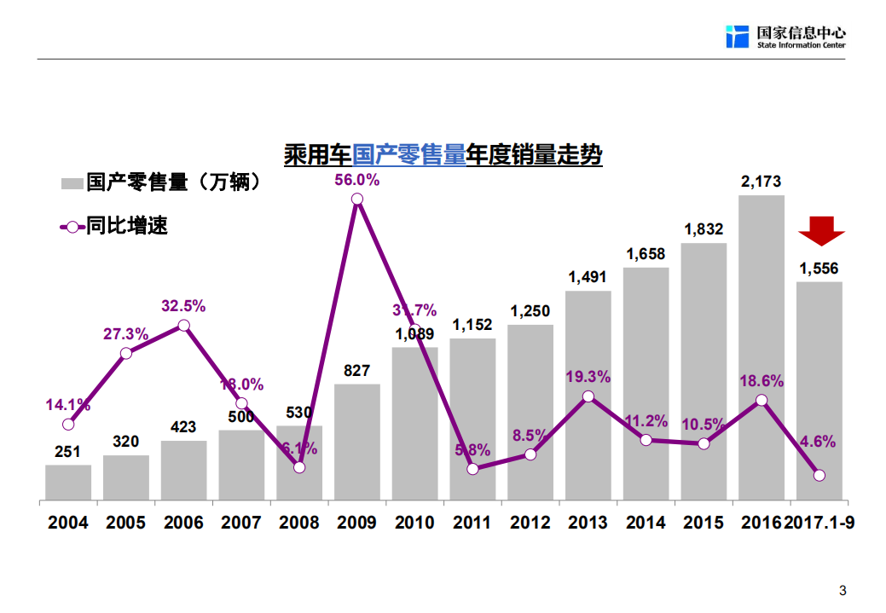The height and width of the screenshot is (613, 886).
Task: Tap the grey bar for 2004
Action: [x=68, y=483]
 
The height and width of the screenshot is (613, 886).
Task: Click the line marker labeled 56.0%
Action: [x=357, y=200]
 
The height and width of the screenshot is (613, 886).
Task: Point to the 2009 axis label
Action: [x=357, y=523]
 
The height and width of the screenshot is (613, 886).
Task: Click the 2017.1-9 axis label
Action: [x=819, y=523]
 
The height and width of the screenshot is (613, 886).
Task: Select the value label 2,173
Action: [x=761, y=182]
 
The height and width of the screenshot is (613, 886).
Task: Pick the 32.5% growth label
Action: [x=184, y=306]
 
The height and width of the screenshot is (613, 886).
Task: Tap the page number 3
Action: [x=843, y=591]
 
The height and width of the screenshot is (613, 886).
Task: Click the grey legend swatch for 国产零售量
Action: [x=72, y=182]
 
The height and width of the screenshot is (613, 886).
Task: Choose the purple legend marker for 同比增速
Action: [x=72, y=227]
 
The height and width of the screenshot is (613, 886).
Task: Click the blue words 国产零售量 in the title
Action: [x=409, y=155]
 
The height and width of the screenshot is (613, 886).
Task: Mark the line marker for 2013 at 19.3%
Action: [x=588, y=396]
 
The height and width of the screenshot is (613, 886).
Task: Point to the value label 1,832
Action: [x=704, y=229]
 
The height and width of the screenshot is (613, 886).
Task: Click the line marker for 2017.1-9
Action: [x=819, y=476]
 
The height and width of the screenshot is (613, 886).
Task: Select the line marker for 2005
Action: [x=126, y=353]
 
